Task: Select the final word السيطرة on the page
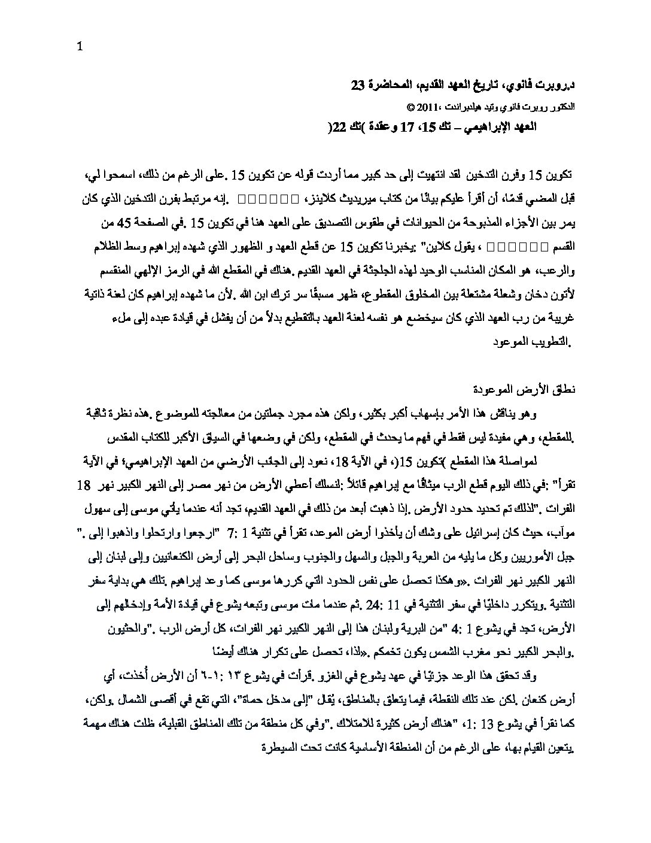(x=281, y=748)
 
